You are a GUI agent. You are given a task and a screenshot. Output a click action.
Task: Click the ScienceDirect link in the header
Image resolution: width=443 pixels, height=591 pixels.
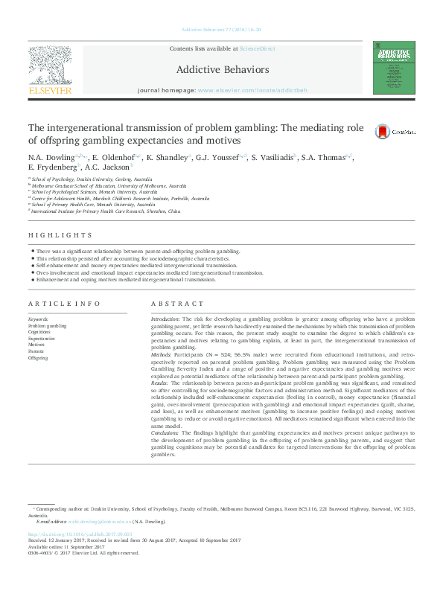pos(256,48)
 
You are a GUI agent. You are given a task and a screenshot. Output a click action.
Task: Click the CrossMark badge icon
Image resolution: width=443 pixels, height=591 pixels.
pos(383,131)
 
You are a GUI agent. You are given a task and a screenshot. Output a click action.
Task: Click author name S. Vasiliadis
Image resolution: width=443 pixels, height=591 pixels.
pos(273,158)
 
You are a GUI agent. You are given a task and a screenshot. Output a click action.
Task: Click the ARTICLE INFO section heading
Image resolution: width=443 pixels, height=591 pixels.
pos(63,304)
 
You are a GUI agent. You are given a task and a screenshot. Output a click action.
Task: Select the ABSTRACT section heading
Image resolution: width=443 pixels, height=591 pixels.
pos(176,304)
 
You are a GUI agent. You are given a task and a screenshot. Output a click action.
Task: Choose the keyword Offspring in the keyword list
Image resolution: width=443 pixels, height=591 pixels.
pos(38,357)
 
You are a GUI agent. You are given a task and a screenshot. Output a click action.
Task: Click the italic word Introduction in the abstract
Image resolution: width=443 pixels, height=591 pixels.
pos(165,317)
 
